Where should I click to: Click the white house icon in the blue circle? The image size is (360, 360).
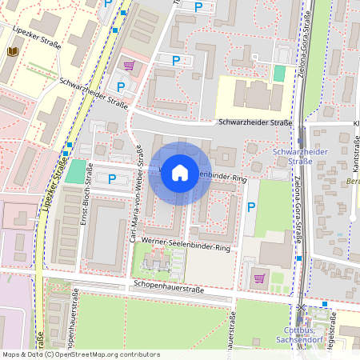[x=180, y=173]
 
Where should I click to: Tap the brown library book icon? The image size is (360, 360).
[x=12, y=52]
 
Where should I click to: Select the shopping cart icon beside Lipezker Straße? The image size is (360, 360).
[x=128, y=65]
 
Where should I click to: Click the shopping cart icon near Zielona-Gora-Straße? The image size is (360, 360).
[x=258, y=278]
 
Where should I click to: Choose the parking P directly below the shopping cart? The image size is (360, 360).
[x=122, y=86]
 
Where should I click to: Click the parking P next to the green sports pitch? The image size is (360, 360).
[x=112, y=179]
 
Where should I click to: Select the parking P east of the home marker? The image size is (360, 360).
[x=251, y=207]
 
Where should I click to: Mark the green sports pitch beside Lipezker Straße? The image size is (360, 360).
[x=75, y=170]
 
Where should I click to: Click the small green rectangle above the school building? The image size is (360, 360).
[x=278, y=73]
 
